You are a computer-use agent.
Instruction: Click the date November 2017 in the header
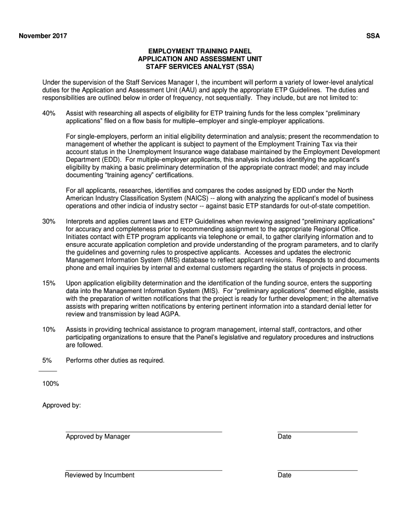click(x=43, y=36)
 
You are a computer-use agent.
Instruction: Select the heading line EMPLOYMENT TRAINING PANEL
click(x=200, y=51)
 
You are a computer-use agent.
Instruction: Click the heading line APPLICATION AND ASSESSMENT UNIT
click(x=200, y=59)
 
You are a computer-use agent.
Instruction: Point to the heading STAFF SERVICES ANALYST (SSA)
click(x=200, y=67)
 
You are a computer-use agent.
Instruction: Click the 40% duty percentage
click(x=49, y=113)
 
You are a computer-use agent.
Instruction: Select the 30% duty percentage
click(x=49, y=221)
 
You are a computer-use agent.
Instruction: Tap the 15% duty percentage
click(x=49, y=283)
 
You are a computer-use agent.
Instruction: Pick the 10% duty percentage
click(x=49, y=329)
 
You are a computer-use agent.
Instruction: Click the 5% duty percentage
click(x=47, y=360)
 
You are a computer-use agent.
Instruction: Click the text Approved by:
click(x=61, y=405)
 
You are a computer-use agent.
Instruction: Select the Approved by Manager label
click(x=98, y=436)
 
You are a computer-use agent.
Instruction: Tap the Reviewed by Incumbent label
click(x=99, y=475)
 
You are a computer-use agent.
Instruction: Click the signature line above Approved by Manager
click(x=144, y=432)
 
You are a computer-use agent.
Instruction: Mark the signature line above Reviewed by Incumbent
click(x=144, y=470)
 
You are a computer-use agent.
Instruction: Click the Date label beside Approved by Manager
click(x=284, y=436)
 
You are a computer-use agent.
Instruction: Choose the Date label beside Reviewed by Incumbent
click(x=284, y=475)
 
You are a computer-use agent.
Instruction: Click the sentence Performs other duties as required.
click(x=115, y=360)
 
